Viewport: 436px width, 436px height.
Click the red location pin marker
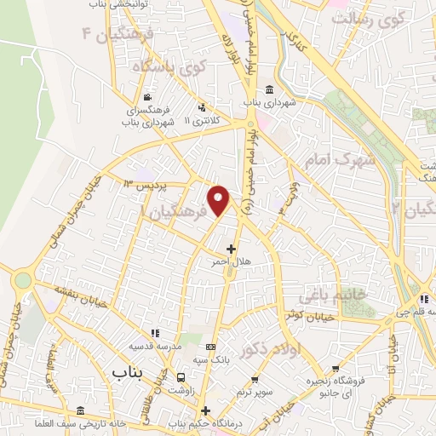pos(219,198)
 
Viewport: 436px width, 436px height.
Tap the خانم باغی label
pos(357,293)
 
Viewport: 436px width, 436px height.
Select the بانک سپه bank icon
pos(211,347)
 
